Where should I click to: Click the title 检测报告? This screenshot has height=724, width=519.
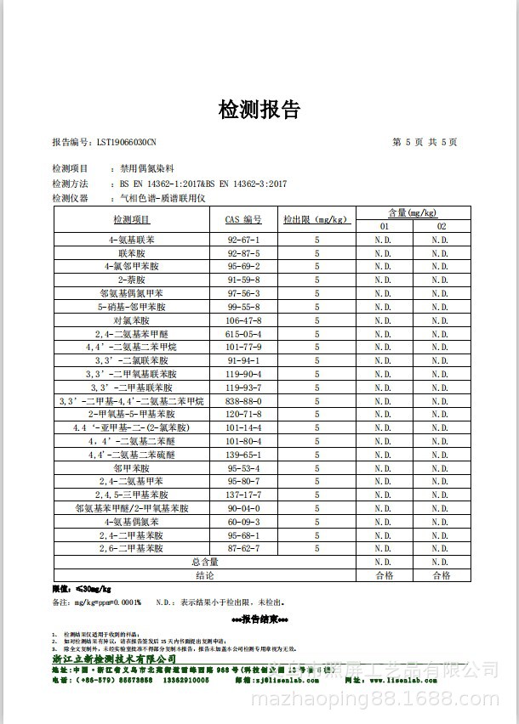(x=259, y=110)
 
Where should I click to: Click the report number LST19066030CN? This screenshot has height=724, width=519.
(x=104, y=142)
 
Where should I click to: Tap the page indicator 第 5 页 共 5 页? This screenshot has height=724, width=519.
(x=424, y=142)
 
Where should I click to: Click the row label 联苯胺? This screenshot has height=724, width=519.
(x=132, y=253)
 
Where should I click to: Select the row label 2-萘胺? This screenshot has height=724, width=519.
(x=132, y=280)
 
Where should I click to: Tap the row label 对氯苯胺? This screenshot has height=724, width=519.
(x=132, y=320)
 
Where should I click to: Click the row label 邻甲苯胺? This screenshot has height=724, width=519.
(x=132, y=468)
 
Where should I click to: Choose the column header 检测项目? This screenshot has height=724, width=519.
(x=132, y=219)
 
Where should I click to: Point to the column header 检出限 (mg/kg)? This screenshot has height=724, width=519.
(x=316, y=219)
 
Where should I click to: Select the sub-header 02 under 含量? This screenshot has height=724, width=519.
(x=441, y=226)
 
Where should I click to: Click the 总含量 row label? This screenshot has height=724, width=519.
(x=204, y=562)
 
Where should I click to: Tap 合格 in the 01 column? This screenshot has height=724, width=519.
(x=384, y=575)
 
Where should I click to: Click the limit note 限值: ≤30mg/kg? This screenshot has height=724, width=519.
(x=83, y=588)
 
